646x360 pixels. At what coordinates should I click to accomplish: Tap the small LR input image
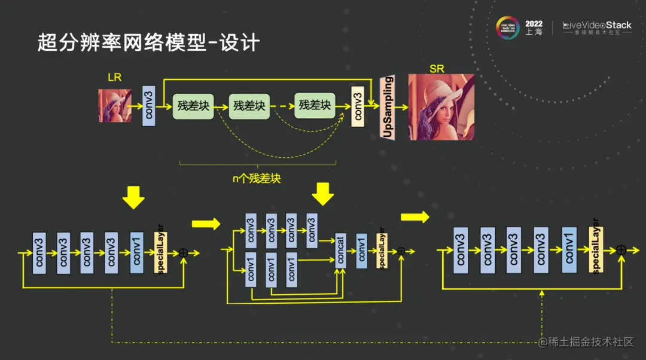pyautogui.click(x=115, y=105)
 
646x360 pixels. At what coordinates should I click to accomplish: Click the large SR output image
pyautogui.click(x=441, y=108)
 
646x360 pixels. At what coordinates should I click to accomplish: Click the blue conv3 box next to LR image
pyautogui.click(x=149, y=106)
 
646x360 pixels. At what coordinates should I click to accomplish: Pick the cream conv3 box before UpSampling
pyautogui.click(x=358, y=106)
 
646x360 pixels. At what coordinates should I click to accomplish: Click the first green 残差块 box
pyautogui.click(x=193, y=106)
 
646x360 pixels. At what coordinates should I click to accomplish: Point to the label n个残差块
pyautogui.click(x=257, y=178)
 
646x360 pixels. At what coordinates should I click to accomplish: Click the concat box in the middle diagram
pyautogui.click(x=341, y=252)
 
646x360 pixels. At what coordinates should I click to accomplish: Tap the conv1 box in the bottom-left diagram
pyautogui.click(x=137, y=252)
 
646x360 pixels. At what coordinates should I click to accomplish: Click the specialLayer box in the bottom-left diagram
pyautogui.click(x=161, y=252)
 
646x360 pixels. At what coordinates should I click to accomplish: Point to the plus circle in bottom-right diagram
pyautogui.click(x=621, y=250)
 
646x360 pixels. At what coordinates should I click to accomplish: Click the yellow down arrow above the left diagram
pyautogui.click(x=133, y=197)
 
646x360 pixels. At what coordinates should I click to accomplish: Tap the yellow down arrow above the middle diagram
pyautogui.click(x=324, y=194)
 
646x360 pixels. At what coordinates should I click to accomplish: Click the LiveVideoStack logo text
pyautogui.click(x=597, y=26)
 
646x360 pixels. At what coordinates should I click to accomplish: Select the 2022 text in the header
pyautogui.click(x=534, y=24)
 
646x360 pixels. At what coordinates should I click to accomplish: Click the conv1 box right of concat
pyautogui.click(x=362, y=251)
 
